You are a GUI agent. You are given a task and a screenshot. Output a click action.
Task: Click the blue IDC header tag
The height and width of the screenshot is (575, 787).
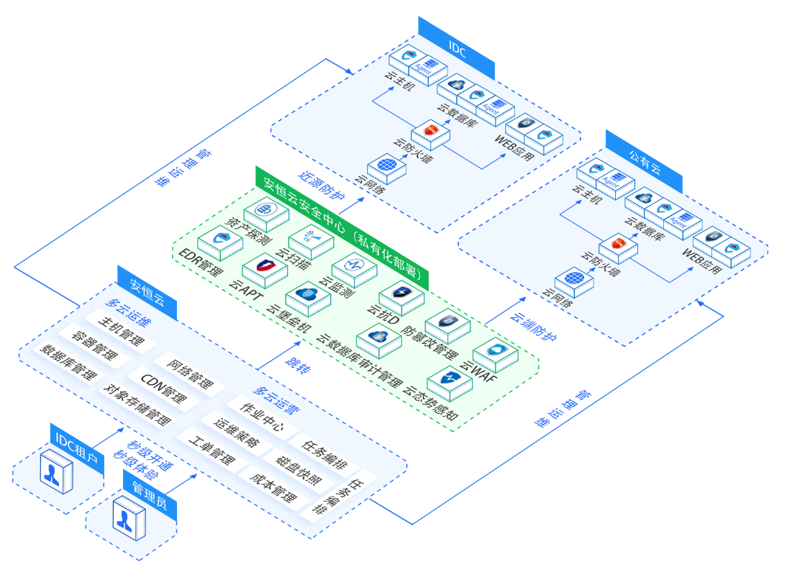pos(457,48)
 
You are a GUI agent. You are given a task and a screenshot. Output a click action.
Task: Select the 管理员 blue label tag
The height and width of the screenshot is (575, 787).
pos(149,494)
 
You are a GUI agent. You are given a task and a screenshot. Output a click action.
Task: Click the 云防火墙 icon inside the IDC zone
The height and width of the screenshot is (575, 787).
pos(430,132)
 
